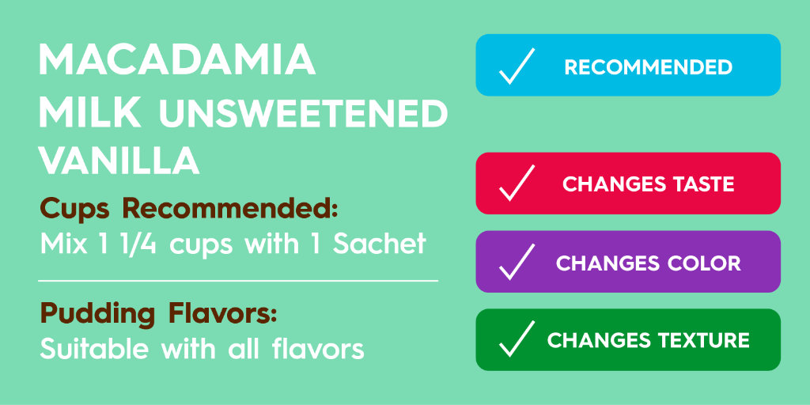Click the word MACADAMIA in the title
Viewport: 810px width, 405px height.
[177, 61]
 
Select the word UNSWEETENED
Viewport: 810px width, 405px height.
[303, 115]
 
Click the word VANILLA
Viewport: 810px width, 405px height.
[119, 161]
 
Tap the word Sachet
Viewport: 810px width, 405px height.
[380, 244]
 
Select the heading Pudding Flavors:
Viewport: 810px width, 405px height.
[158, 314]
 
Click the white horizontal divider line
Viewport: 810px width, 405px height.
[237, 280]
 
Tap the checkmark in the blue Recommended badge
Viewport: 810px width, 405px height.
[517, 66]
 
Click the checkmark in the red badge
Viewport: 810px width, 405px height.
[517, 184]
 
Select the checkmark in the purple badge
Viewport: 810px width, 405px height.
[517, 262]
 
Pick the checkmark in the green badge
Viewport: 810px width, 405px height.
[517, 340]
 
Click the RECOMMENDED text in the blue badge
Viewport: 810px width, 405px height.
[648, 67]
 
